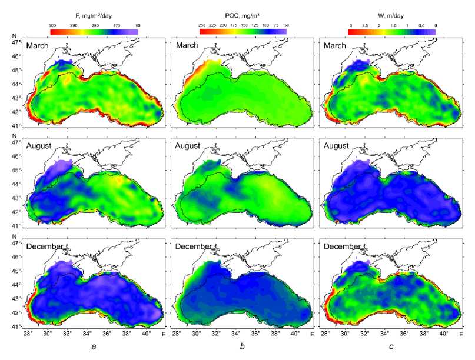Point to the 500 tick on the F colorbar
point(52,26)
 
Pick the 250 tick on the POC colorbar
point(202,26)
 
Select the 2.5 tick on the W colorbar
point(365,26)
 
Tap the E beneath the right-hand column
point(461,335)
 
